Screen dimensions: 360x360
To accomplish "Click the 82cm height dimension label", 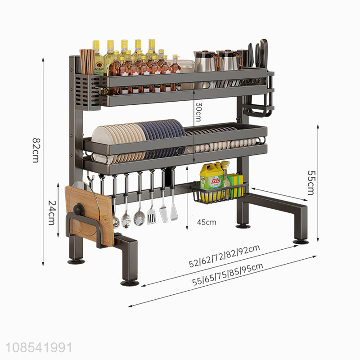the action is pyautogui.click(x=36, y=150).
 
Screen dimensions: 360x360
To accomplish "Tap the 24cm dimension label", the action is pyautogui.click(x=52, y=213).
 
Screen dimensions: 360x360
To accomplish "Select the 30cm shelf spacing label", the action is pyautogui.click(x=198, y=112).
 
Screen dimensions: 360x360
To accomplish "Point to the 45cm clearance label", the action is pyautogui.click(x=207, y=222).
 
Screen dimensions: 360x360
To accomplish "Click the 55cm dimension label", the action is pyautogui.click(x=310, y=183).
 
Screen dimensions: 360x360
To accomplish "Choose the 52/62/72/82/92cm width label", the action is pyautogui.click(x=225, y=256).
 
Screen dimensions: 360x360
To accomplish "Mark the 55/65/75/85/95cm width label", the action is pyautogui.click(x=228, y=274).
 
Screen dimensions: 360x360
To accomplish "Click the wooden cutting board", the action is pyautogui.click(x=90, y=216).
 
